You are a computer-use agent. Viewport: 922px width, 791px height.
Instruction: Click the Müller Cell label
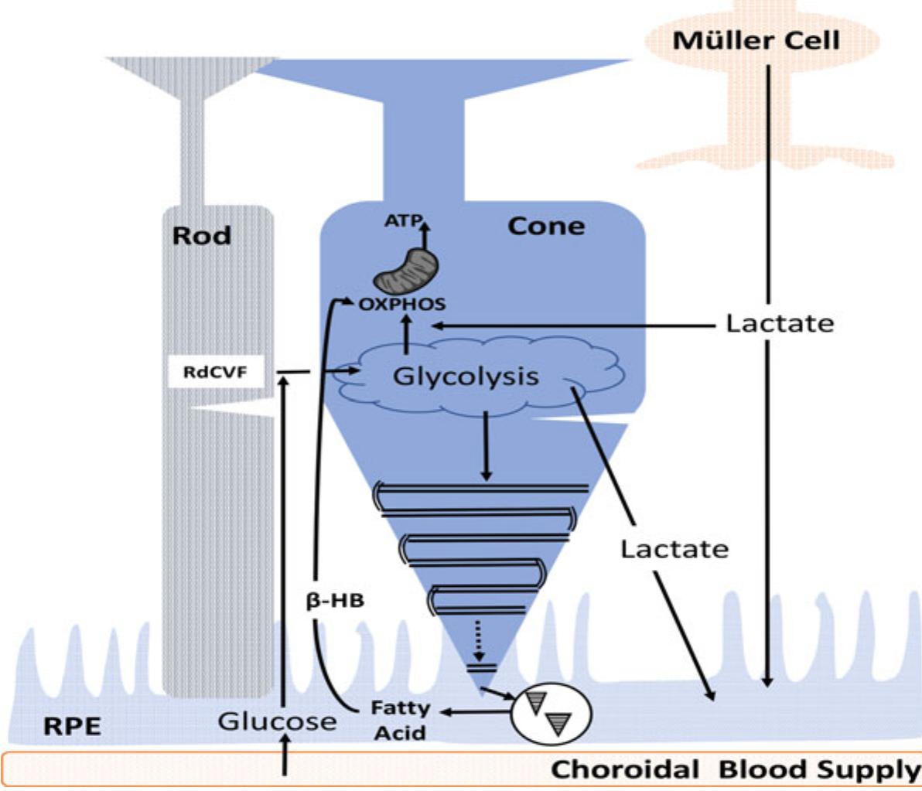(x=756, y=40)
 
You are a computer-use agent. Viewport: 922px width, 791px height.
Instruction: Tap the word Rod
(x=201, y=235)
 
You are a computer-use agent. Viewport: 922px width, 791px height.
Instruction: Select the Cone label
(x=546, y=226)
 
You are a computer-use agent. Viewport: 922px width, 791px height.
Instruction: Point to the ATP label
(x=404, y=222)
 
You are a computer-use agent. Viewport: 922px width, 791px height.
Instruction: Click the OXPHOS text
(x=401, y=304)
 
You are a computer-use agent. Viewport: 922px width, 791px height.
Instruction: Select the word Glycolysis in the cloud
(x=465, y=377)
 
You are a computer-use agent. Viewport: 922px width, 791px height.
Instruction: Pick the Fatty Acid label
(x=400, y=719)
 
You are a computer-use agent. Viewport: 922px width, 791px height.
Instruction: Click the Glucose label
(x=277, y=721)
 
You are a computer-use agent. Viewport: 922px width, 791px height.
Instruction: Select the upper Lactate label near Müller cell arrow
(x=779, y=323)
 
